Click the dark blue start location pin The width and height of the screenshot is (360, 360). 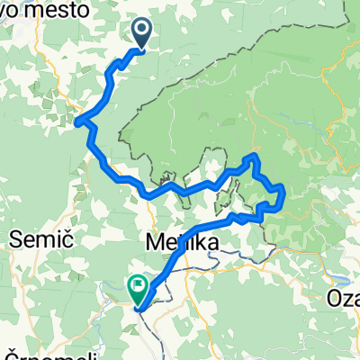tap(143, 33)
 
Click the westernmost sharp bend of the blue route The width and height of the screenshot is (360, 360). tap(78, 121)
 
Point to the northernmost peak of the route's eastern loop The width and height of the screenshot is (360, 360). tap(255, 157)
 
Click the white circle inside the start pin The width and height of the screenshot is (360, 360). tap(143, 30)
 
